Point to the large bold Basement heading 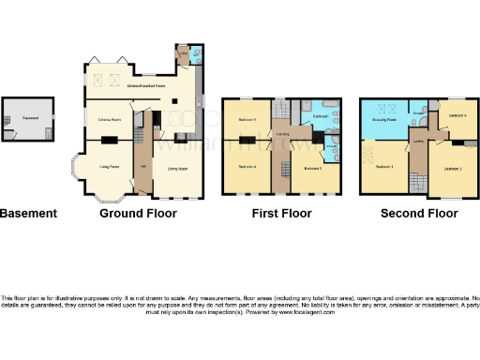(x=28, y=214)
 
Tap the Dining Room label (x=177, y=169)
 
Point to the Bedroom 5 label (x=247, y=121)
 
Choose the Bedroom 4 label (x=247, y=167)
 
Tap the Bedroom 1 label (x=384, y=168)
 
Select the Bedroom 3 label (x=452, y=168)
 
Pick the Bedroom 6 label (x=457, y=116)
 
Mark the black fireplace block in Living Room (x=110, y=141)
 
